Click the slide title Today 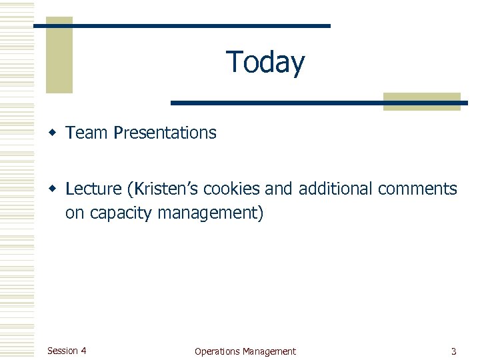(x=265, y=62)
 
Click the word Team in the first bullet (x=87, y=133)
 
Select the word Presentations (x=165, y=133)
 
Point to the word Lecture (x=94, y=189)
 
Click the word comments (x=417, y=189)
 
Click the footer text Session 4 (x=67, y=351)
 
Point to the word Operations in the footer (x=217, y=351)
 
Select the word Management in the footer (x=269, y=351)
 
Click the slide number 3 (x=453, y=351)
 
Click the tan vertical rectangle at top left (x=59, y=60)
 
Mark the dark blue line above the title (x=181, y=26)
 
